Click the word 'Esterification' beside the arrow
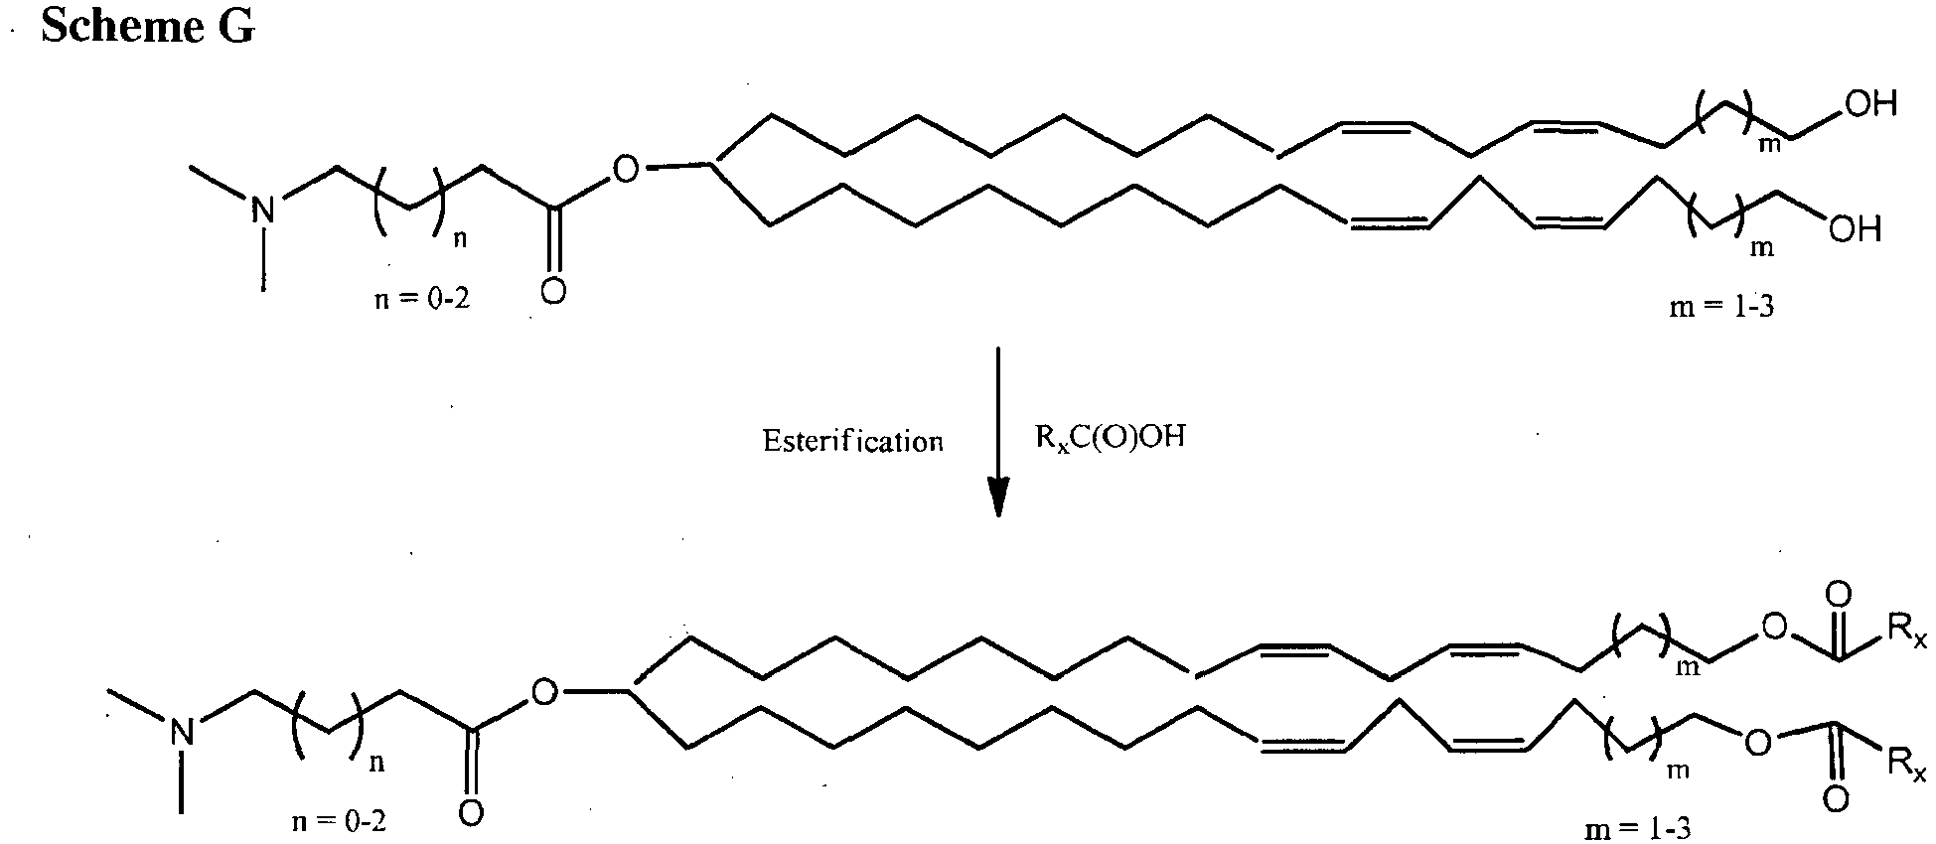852,441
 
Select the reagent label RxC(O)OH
1111,439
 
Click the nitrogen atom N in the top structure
262,210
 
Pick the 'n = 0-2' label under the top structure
422,300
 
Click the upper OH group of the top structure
1870,104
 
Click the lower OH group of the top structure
1854,230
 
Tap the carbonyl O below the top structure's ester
554,293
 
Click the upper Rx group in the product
1905,629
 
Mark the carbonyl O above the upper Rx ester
1838,595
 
